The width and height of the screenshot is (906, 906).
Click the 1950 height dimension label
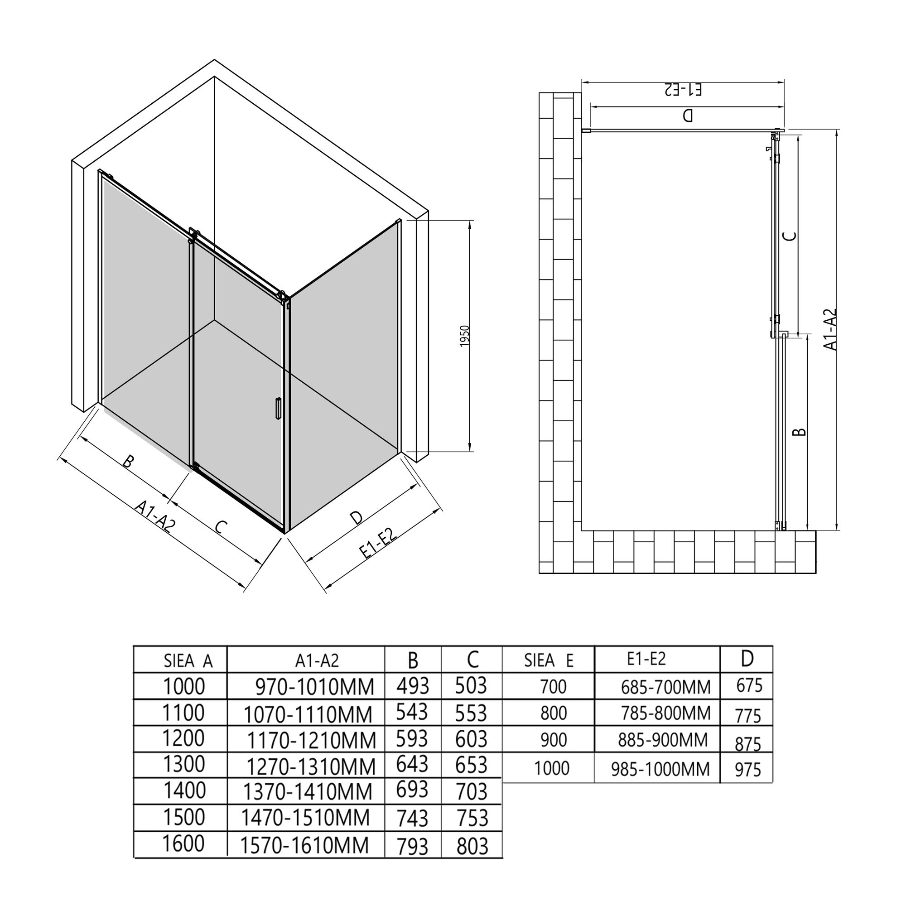(x=464, y=336)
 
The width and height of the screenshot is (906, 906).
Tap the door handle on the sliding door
(x=278, y=408)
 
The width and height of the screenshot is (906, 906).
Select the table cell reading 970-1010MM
(x=315, y=687)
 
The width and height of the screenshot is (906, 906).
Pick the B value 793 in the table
(x=412, y=847)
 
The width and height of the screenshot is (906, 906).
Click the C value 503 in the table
(x=471, y=685)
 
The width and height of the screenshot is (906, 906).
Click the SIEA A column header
(x=188, y=661)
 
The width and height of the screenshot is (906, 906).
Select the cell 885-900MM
(x=663, y=740)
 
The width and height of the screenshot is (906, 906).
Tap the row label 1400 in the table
(x=184, y=790)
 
